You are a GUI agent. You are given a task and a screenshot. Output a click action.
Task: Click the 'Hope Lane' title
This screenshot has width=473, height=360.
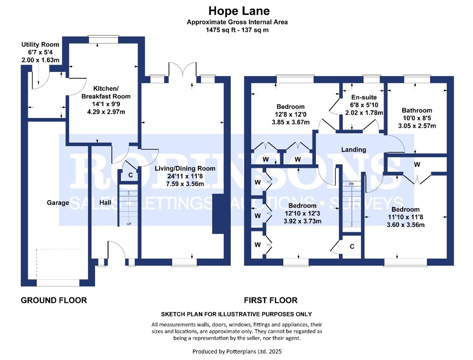(x=239, y=11)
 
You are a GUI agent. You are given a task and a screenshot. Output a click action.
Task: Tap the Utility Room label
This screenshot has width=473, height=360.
(x=40, y=44)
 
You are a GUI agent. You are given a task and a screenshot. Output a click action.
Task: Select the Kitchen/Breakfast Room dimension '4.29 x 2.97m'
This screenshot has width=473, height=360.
(x=106, y=112)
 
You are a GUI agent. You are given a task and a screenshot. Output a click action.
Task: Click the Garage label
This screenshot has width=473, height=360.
(x=58, y=203)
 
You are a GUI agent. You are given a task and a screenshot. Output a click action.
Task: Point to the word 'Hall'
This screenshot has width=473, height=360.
(x=105, y=202)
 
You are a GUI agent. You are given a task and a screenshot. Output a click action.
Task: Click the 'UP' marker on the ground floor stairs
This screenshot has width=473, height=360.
(x=129, y=224)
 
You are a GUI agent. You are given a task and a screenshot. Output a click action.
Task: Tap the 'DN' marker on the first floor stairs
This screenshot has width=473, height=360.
(x=351, y=184)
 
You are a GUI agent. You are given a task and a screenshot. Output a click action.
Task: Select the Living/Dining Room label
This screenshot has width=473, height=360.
(x=185, y=168)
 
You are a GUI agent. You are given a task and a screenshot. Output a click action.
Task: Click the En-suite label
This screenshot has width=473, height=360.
(x=364, y=97)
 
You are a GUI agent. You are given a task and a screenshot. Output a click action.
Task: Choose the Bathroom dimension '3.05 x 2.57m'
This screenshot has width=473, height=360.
(x=417, y=126)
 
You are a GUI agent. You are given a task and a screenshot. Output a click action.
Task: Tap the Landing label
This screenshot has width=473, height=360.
(x=354, y=150)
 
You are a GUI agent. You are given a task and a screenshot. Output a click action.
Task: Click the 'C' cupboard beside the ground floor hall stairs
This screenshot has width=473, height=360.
(x=130, y=175)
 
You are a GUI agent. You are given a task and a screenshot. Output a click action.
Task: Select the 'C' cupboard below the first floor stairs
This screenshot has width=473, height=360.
(x=352, y=247)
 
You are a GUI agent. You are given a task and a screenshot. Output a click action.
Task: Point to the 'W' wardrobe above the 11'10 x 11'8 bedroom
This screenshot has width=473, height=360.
(x=417, y=164)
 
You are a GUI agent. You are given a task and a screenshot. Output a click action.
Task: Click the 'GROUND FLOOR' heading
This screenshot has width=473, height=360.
(x=54, y=300)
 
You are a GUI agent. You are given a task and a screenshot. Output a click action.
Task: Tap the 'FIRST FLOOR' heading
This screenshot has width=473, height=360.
(x=271, y=300)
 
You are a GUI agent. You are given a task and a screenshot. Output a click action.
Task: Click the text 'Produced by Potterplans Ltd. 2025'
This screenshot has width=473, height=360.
(x=237, y=351)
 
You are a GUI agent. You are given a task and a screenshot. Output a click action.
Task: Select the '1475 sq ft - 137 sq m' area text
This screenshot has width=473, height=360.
(x=237, y=30)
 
